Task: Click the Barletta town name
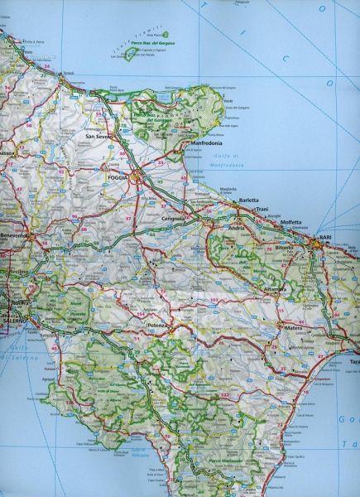248,200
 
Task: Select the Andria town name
242,226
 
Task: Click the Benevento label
15,236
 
